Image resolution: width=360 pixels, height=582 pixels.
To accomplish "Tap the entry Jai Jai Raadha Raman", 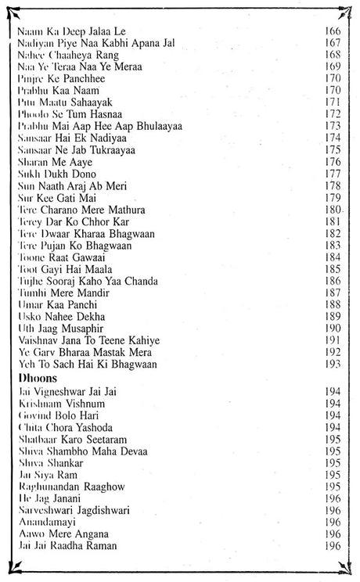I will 63,545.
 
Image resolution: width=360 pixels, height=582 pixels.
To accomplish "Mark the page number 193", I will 331,364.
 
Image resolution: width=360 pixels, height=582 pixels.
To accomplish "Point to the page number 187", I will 331,292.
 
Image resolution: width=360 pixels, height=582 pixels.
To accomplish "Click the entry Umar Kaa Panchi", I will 52,304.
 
